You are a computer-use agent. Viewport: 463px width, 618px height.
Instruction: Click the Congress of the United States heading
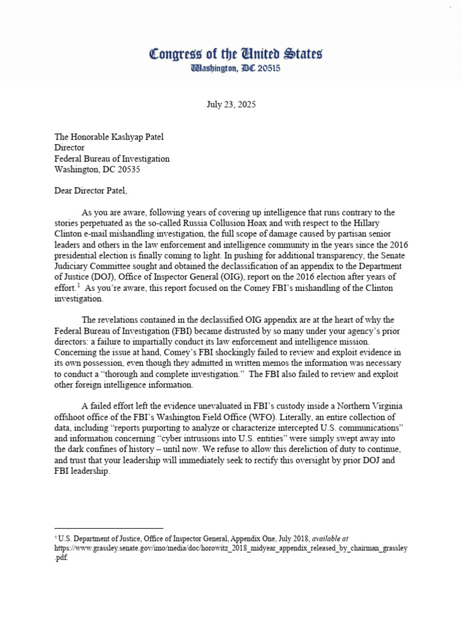click(235, 54)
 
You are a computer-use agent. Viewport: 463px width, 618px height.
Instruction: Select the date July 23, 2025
click(231, 104)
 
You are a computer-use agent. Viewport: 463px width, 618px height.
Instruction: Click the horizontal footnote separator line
click(109, 529)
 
